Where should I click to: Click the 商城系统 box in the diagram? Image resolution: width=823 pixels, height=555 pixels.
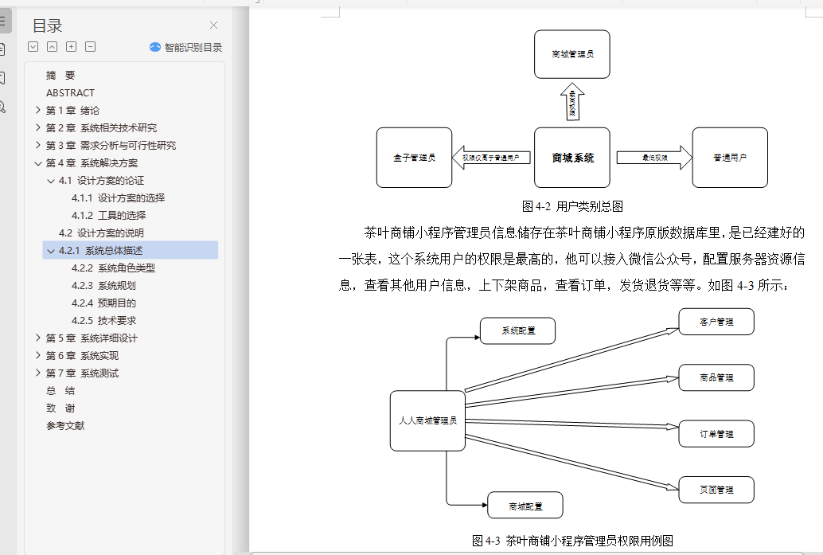(x=572, y=158)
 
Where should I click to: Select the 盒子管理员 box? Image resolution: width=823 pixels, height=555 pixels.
(x=414, y=158)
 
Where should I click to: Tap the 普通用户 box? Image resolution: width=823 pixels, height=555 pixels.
(x=730, y=158)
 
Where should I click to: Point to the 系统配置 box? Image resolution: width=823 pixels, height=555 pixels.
(x=517, y=330)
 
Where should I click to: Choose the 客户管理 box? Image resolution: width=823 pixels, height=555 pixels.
(x=716, y=322)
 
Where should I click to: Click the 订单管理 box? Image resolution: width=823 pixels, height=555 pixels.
(x=716, y=434)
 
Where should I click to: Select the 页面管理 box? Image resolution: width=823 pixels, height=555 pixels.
(x=716, y=490)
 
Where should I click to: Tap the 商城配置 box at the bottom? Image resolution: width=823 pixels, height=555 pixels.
(x=525, y=506)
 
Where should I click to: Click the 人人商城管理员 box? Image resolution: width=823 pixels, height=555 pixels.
(x=427, y=420)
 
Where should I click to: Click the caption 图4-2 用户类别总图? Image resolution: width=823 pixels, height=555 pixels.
(x=572, y=206)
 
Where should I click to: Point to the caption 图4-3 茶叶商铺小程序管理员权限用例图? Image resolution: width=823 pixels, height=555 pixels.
(x=572, y=541)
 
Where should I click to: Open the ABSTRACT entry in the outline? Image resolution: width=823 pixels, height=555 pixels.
(x=70, y=92)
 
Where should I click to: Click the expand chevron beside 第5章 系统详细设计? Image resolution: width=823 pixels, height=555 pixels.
(x=38, y=338)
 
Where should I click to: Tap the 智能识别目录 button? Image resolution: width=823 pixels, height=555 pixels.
(x=186, y=47)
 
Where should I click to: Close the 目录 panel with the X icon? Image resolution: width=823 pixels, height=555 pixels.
(x=213, y=25)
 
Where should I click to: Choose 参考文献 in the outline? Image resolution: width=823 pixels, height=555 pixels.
(x=65, y=425)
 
